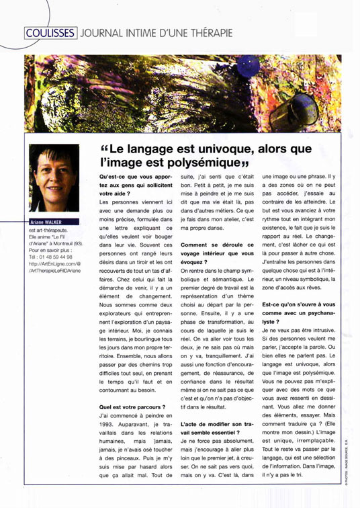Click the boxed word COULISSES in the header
(50, 32)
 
